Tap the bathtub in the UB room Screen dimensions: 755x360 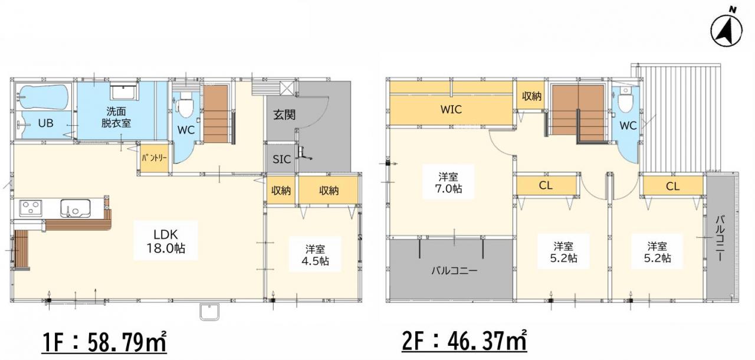[43, 97]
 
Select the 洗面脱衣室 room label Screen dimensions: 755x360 [116, 117]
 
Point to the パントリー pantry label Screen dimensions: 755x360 [154, 158]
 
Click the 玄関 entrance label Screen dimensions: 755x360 [284, 115]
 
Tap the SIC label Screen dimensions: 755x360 [282, 159]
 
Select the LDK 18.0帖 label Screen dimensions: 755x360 [166, 241]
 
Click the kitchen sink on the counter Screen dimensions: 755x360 [75, 208]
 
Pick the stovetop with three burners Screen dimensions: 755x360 [30, 208]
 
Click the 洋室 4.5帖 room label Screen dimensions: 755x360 [315, 255]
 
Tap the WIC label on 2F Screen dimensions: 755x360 [451, 109]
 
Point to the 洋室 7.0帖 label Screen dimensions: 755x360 [448, 182]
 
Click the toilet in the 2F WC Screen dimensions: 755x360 [626, 100]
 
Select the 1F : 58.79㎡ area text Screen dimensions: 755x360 [104, 342]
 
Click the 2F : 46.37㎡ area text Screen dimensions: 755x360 [464, 341]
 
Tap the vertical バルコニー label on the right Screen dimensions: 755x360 [720, 239]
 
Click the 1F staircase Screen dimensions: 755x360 [216, 113]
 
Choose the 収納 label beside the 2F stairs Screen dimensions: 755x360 [531, 96]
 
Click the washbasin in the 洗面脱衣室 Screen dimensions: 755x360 [124, 92]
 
